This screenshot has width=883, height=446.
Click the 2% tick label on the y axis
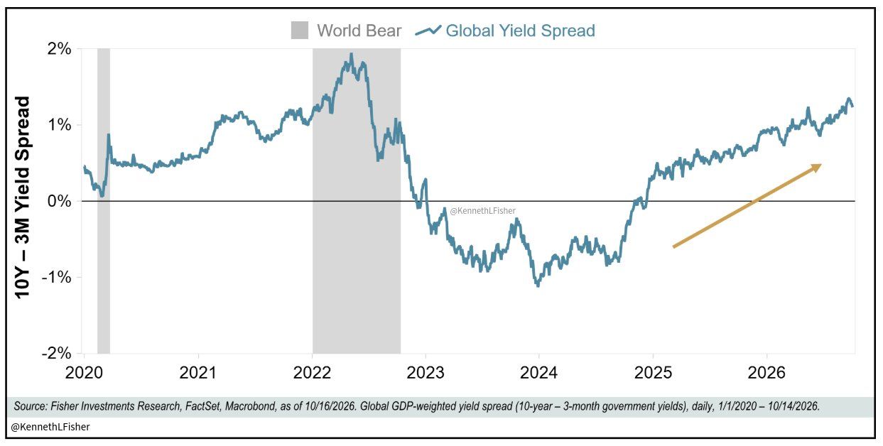pyautogui.click(x=59, y=50)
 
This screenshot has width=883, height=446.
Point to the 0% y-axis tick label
pyautogui.click(x=59, y=201)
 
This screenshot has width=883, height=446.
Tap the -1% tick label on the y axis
pyautogui.click(x=57, y=278)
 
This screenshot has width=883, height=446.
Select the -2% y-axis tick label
pyautogui.click(x=57, y=353)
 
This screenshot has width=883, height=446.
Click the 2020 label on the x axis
pyautogui.click(x=84, y=373)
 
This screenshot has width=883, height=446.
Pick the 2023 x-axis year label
pyautogui.click(x=426, y=373)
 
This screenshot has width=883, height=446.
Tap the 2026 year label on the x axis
pyautogui.click(x=766, y=373)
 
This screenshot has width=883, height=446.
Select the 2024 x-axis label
pyautogui.click(x=539, y=373)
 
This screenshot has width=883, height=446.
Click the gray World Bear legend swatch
pyautogui.click(x=300, y=31)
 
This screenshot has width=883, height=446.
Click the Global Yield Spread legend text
pyautogui.click(x=520, y=31)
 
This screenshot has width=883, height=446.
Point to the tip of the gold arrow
pyautogui.click(x=821, y=165)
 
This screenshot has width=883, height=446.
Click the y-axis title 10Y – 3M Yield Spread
pyautogui.click(x=22, y=197)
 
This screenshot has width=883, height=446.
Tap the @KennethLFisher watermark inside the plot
pyautogui.click(x=482, y=211)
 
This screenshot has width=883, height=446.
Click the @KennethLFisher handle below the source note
pyautogui.click(x=50, y=427)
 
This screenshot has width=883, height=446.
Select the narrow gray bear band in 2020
pyautogui.click(x=104, y=201)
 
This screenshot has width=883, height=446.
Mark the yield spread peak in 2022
pyautogui.click(x=352, y=54)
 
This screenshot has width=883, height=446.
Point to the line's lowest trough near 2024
pyautogui.click(x=538, y=285)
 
